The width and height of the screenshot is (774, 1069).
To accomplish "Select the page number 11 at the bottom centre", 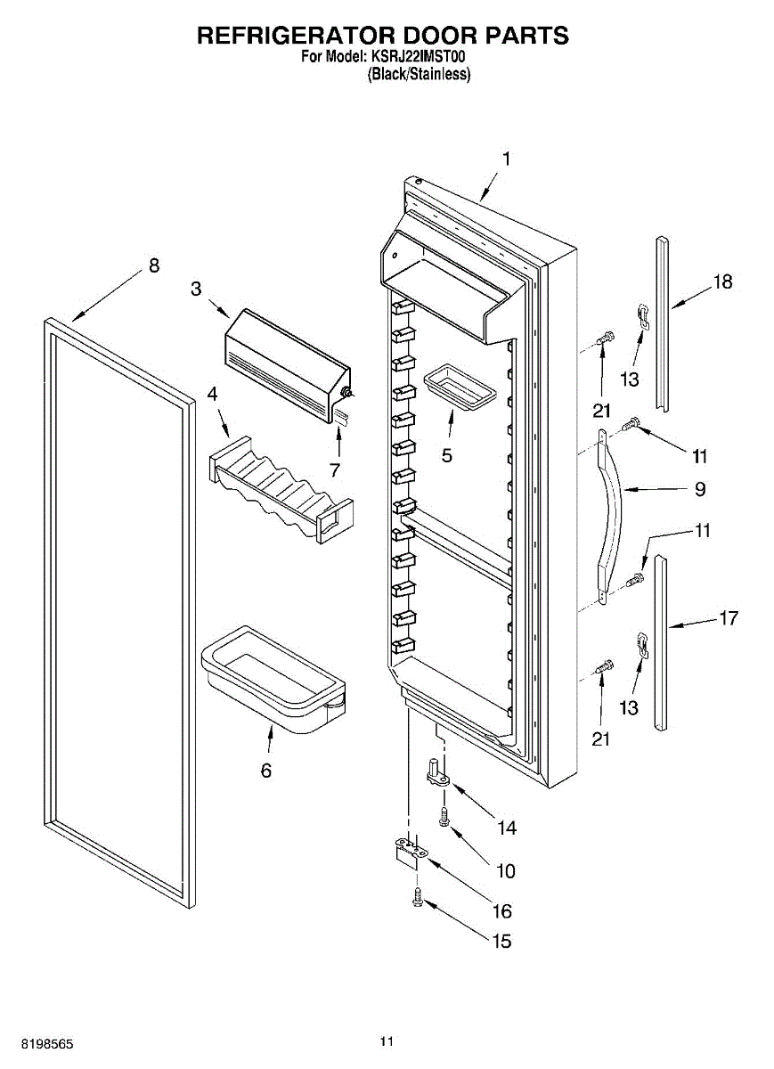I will pos(387,1040).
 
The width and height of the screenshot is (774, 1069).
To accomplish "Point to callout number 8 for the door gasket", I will pos(154,265).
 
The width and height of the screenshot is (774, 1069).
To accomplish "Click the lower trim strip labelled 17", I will pos(660,641).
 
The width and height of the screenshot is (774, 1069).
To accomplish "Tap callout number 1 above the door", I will pos(506,159).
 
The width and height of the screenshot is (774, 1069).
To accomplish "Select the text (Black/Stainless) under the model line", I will pos(419,75).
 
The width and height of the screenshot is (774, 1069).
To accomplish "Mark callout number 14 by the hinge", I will pos(507,828).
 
